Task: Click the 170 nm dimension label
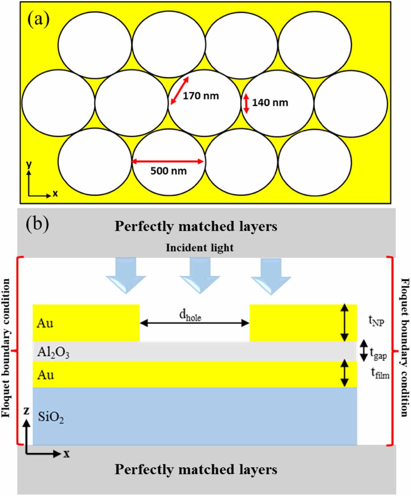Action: click(201, 96)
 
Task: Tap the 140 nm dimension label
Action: click(270, 103)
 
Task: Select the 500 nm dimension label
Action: click(168, 171)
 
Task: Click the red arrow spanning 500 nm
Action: click(168, 161)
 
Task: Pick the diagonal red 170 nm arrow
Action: click(180, 90)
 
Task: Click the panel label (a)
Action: click(38, 20)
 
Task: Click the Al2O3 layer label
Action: click(53, 352)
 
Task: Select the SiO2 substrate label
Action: click(51, 417)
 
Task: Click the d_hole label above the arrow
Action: click(190, 316)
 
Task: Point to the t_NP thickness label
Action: click(376, 321)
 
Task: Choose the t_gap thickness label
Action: click(378, 353)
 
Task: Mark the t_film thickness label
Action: click(380, 373)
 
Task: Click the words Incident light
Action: click(199, 248)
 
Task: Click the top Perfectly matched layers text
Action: click(196, 226)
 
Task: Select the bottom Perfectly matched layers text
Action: click(196, 469)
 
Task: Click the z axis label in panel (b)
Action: click(26, 411)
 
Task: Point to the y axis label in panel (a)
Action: click(29, 165)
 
